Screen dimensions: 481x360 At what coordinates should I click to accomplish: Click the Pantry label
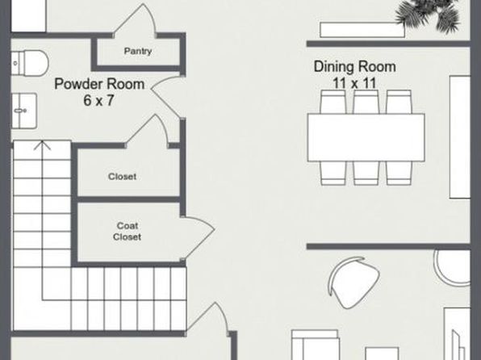pyautogui.click(x=138, y=51)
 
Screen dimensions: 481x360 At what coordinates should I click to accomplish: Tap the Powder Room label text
pyautogui.click(x=99, y=84)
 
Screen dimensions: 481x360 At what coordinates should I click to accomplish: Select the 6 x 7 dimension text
pyautogui.click(x=98, y=100)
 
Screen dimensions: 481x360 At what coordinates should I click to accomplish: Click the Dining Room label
pyautogui.click(x=354, y=67)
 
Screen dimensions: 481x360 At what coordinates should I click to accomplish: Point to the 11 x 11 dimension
pyautogui.click(x=354, y=83)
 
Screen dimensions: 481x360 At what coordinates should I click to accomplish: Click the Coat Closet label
pyautogui.click(x=127, y=231)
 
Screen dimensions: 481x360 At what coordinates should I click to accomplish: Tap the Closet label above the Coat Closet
pyautogui.click(x=122, y=177)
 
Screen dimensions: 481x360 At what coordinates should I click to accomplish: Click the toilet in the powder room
pyautogui.click(x=30, y=63)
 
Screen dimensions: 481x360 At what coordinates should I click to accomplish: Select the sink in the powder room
pyautogui.click(x=24, y=111)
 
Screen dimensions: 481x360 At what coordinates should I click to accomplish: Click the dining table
pyautogui.click(x=366, y=137)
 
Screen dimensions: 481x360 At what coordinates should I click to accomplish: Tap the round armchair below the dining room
pyautogui.click(x=354, y=282)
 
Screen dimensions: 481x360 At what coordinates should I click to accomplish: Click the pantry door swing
pyautogui.click(x=135, y=19)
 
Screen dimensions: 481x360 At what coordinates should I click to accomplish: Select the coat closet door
pyautogui.click(x=199, y=238)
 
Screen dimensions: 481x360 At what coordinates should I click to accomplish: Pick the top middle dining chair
pyautogui.click(x=366, y=102)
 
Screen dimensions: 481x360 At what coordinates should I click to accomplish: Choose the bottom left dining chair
pyautogui.click(x=333, y=174)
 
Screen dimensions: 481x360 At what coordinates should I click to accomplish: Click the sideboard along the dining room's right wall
pyautogui.click(x=460, y=137)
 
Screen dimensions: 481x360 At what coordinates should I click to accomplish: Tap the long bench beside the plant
pyautogui.click(x=362, y=30)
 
